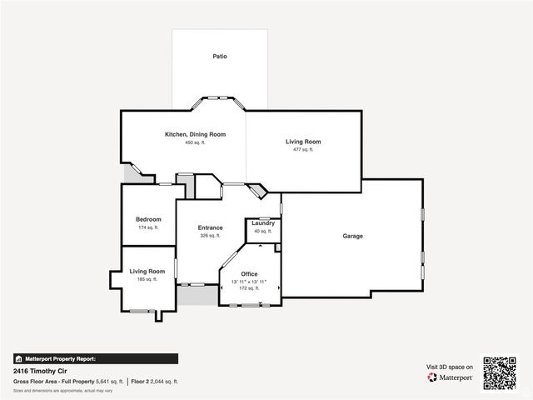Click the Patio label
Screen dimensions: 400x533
219,57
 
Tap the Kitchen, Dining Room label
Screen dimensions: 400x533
195,134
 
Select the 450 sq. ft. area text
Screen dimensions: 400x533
195,142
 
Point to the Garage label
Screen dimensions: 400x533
353,236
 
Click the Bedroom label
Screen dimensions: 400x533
148,219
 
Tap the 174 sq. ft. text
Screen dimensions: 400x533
148,227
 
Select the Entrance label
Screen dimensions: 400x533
210,227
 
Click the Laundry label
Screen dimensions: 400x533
263,223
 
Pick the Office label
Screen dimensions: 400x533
249,274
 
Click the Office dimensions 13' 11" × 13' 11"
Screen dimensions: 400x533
249,282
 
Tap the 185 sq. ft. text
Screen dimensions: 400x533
147,279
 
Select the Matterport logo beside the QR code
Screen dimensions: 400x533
451,377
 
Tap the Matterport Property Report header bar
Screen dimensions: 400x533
95,358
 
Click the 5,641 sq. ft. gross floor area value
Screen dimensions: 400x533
110,381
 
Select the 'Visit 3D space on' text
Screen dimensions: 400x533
450,367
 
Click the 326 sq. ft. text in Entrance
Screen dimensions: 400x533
210,236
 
